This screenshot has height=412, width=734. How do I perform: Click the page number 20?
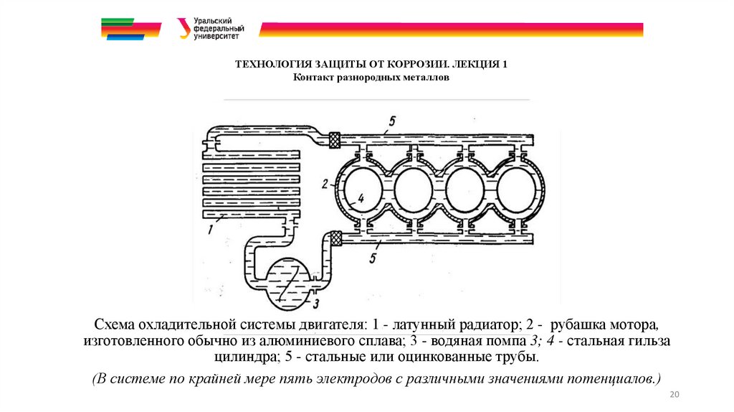point(673,395)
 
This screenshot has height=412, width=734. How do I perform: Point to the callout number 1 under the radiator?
point(210,230)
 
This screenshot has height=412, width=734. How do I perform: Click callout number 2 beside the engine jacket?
point(325,184)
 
